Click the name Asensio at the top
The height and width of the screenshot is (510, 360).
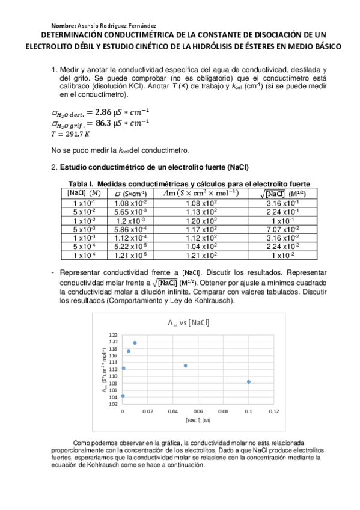90,27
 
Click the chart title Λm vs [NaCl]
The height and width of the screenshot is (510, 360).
188,322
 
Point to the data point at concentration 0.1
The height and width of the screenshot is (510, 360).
249,382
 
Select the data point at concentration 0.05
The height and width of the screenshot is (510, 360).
186,366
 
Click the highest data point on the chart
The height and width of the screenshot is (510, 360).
135,343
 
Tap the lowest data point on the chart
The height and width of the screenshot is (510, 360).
123,396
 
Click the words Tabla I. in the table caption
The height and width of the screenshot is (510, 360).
80,184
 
